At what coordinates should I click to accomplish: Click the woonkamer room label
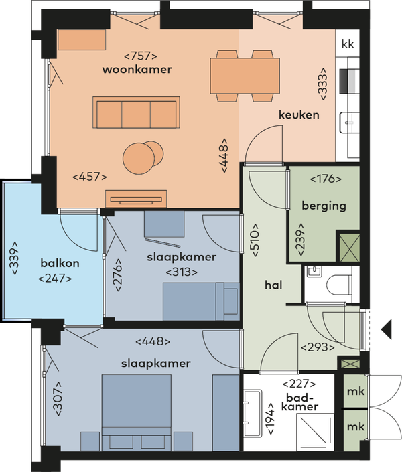pyautogui.click(x=137, y=70)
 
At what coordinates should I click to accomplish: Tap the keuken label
pyautogui.click(x=299, y=115)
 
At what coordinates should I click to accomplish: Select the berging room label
pyautogui.click(x=324, y=206)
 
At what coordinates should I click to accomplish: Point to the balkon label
pyautogui.click(x=60, y=263)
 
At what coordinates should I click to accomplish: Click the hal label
pyautogui.click(x=273, y=285)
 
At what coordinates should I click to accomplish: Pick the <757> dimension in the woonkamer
pyautogui.click(x=141, y=56)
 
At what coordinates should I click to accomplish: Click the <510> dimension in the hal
pyautogui.click(x=255, y=240)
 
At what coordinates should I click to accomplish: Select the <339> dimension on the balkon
pyautogui.click(x=14, y=258)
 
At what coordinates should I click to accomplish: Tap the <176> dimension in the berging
pyautogui.click(x=326, y=179)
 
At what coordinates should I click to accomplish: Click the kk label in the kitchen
pyautogui.click(x=348, y=44)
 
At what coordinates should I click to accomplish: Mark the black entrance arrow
pyautogui.click(x=387, y=329)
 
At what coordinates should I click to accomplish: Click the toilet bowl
pyautogui.click(x=339, y=285)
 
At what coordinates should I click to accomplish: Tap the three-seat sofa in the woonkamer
pyautogui.click(x=136, y=112)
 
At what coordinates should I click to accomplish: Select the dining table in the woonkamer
pyautogui.click(x=245, y=76)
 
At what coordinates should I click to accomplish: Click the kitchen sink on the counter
pyautogui.click(x=350, y=123)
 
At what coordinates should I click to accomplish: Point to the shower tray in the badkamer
pyautogui.click(x=315, y=432)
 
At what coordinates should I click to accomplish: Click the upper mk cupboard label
pyautogui.click(x=356, y=392)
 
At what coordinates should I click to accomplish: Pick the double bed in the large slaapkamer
pyautogui.click(x=137, y=412)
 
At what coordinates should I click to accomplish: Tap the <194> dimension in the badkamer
pyautogui.click(x=270, y=418)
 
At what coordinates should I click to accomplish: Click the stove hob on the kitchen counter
pyautogui.click(x=350, y=81)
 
